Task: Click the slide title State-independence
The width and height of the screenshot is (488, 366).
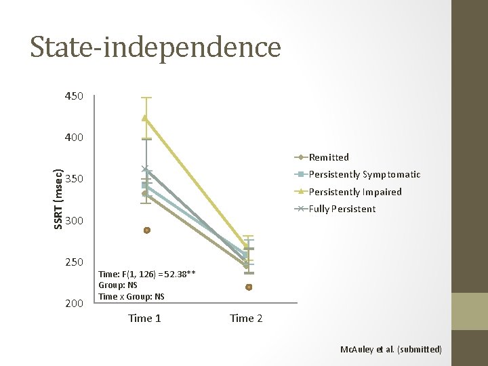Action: [155, 47]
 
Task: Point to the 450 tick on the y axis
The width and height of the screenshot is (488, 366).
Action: [73, 96]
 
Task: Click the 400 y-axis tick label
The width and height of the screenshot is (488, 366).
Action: [73, 138]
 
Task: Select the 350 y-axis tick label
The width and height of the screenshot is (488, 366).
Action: [73, 180]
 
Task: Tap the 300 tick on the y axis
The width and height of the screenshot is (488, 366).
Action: [73, 221]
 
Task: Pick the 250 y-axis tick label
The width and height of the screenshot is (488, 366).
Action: [73, 262]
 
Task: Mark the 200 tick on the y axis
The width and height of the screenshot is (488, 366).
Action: [73, 303]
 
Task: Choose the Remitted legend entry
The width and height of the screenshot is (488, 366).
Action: [329, 157]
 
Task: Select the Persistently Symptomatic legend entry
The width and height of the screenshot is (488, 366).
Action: [364, 174]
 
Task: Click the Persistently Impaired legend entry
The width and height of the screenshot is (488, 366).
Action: [354, 192]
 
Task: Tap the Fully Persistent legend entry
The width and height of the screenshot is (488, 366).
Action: [342, 209]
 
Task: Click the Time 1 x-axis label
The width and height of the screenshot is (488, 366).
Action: [144, 319]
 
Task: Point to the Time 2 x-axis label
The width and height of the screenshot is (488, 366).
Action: [247, 319]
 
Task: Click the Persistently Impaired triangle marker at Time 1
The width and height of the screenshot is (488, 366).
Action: [144, 118]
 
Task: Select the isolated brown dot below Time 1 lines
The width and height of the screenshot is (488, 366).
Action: [146, 230]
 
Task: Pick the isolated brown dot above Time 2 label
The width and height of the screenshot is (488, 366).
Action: [249, 287]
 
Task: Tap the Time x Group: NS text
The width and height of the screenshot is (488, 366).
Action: [131, 297]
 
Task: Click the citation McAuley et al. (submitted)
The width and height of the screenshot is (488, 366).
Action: [391, 349]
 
